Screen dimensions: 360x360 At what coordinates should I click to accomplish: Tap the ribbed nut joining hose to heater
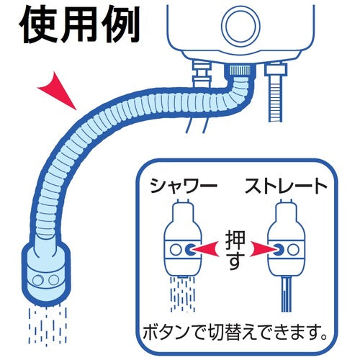[237, 69]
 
